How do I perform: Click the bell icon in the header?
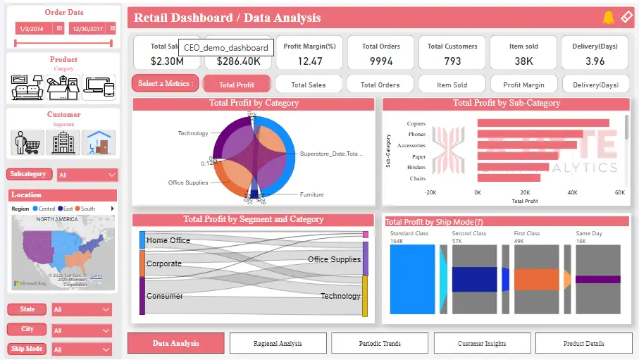pos(609,18)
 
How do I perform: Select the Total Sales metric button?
pos(309,85)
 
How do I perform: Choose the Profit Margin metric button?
pos(522,85)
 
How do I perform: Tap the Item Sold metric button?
pos(452,85)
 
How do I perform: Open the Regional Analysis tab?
pos(278,343)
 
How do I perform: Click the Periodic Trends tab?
pos(380,343)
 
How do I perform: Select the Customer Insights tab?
pos(482,343)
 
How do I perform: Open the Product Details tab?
pos(583,343)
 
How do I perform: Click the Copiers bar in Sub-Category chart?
pos(543,123)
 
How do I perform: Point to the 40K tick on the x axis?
pos(572,192)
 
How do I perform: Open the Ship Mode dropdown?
pos(82,349)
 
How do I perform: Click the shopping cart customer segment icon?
pos(27,142)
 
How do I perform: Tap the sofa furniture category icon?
pos(27,87)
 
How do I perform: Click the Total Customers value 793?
pos(452,61)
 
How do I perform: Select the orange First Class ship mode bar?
pos(537,279)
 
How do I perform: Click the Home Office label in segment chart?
pos(168,240)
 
